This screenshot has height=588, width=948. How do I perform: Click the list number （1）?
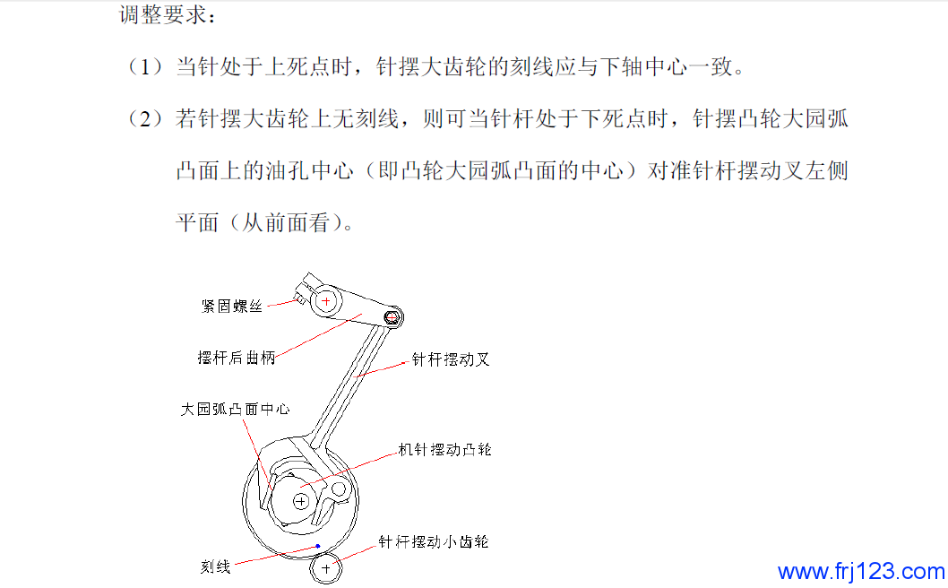pyautogui.click(x=145, y=66)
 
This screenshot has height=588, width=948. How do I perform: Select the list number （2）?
pyautogui.click(x=145, y=118)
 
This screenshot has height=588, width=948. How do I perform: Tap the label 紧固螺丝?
pyautogui.click(x=231, y=306)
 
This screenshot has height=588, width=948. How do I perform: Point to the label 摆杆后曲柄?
pyautogui.click(x=237, y=358)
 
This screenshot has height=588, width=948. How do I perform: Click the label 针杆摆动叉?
pyautogui.click(x=451, y=359)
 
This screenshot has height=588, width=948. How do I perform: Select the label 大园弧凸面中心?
pyautogui.click(x=235, y=409)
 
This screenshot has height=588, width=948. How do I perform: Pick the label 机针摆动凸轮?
pyautogui.click(x=445, y=449)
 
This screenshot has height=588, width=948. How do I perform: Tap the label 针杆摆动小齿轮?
pyautogui.click(x=434, y=541)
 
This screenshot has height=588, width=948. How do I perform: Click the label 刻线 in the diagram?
pyautogui.click(x=216, y=566)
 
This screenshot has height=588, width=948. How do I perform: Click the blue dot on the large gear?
pyautogui.click(x=318, y=546)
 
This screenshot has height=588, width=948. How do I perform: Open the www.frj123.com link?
pyautogui.click(x=861, y=572)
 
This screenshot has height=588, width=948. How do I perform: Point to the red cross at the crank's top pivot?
pyautogui.click(x=326, y=300)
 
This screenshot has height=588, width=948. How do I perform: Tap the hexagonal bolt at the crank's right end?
pyautogui.click(x=392, y=316)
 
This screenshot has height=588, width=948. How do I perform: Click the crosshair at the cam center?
pyautogui.click(x=301, y=501)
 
